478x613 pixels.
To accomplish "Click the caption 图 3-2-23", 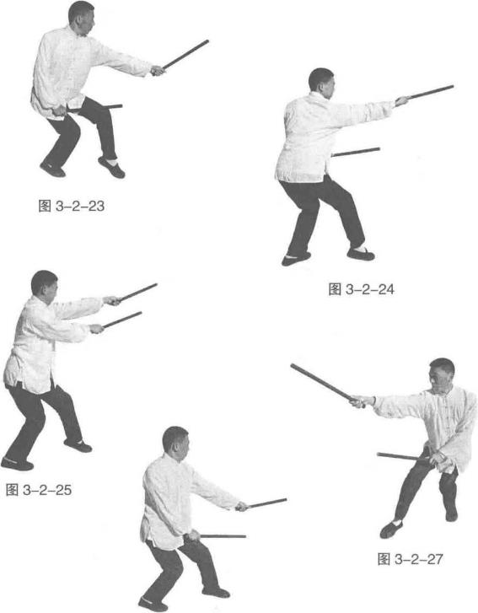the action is (72, 206).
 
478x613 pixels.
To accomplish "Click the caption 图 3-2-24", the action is (361, 289).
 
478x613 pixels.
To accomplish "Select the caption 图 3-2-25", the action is (39, 489).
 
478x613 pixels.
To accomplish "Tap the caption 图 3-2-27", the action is (410, 559).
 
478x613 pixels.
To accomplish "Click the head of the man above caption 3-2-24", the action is (322, 83).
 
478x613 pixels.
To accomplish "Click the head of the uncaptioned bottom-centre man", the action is (176, 443).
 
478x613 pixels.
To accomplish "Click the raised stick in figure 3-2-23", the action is (185, 54).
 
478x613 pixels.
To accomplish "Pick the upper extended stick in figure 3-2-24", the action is (430, 92).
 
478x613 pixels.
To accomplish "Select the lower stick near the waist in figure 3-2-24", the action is (356, 152).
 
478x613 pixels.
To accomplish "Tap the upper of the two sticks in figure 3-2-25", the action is (138, 292).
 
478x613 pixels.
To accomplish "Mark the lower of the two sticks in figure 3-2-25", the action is (122, 320).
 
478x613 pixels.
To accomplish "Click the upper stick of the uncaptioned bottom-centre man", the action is (267, 503).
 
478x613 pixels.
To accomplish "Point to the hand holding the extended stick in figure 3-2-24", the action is (401, 101).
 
